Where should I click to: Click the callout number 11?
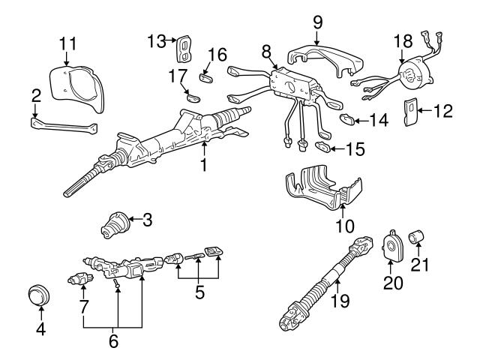[x=67, y=41]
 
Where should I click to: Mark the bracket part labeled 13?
[x=183, y=49]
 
